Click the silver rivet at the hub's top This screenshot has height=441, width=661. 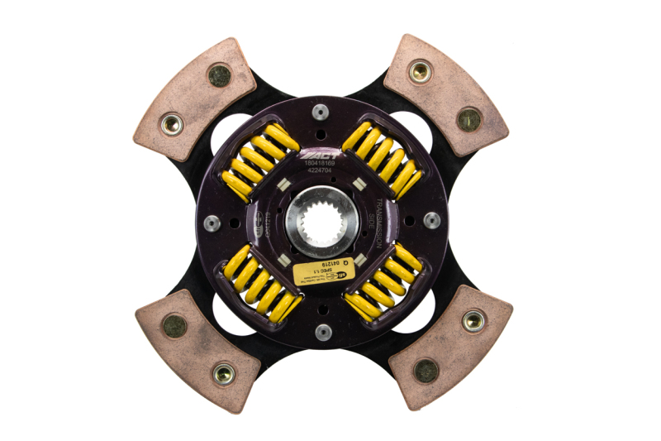tap(320, 113)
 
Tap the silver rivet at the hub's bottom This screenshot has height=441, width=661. tap(323, 331)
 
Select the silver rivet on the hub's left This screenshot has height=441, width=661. tap(212, 222)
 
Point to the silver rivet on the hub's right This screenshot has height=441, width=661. tap(431, 220)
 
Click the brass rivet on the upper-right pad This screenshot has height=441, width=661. tap(420, 72)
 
